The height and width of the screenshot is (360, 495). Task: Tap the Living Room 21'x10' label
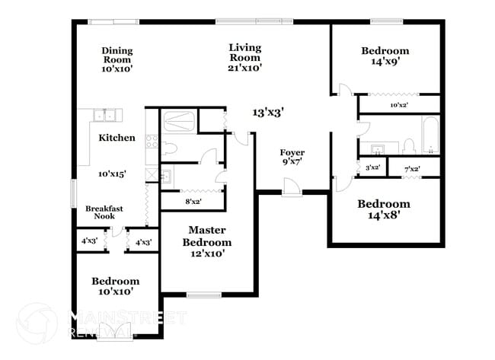click(x=245, y=57)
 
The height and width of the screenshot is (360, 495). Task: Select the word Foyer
click(x=292, y=152)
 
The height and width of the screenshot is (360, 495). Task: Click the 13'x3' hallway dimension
click(x=268, y=112)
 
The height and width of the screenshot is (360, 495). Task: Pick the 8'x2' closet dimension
click(x=193, y=202)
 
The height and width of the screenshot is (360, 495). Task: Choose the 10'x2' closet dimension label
click(x=400, y=105)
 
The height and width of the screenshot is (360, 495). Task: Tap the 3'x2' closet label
click(x=372, y=167)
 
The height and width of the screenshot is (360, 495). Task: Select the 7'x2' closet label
click(x=411, y=167)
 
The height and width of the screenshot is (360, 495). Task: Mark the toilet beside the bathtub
click(x=408, y=145)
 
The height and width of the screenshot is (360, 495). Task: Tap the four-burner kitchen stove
click(x=152, y=141)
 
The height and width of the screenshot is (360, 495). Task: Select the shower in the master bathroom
click(x=178, y=121)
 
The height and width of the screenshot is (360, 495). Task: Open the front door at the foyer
click(x=290, y=187)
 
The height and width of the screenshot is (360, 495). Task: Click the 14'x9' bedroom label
click(x=385, y=57)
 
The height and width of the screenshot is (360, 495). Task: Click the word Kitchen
click(x=117, y=139)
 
